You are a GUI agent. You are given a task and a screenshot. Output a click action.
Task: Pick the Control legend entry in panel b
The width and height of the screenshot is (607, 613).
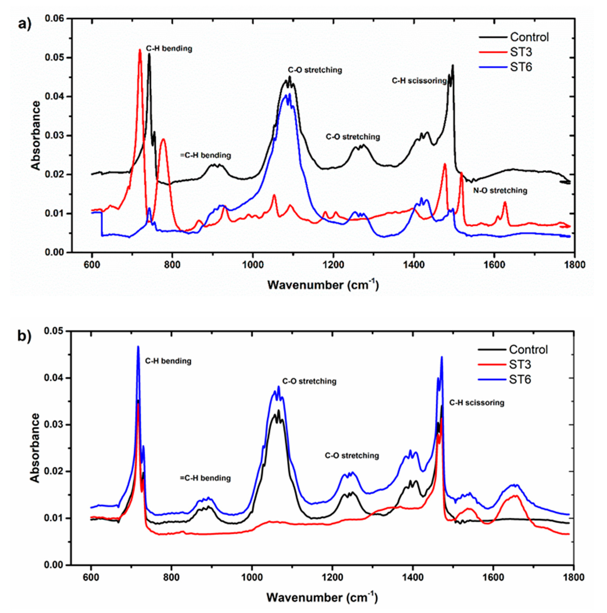tap(528, 350)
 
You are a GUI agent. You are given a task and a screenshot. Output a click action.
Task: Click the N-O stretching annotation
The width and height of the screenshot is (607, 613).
tap(500, 191)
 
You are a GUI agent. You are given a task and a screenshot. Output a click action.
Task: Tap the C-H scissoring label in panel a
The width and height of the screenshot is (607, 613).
tap(419, 81)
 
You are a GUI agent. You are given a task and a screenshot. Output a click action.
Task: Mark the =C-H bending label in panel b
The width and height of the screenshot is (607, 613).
tap(205, 478)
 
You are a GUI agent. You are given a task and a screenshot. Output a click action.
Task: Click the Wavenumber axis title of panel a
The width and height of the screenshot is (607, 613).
tap(323, 285)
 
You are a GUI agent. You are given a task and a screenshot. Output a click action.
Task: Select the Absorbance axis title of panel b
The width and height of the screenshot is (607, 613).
tap(36, 448)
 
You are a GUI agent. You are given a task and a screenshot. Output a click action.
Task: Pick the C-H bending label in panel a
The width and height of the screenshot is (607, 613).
tap(169, 49)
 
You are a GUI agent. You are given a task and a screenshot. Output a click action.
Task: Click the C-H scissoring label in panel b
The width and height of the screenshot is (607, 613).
tap(477, 403)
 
